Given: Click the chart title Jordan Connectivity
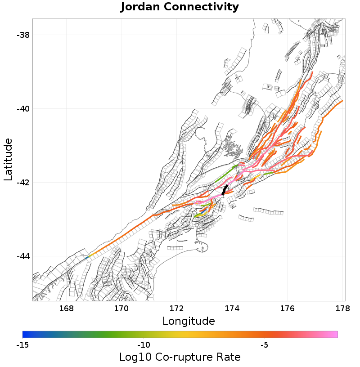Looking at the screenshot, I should click(180, 7).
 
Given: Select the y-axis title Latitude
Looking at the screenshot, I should click(8, 160).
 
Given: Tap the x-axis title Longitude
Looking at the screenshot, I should click(189, 321).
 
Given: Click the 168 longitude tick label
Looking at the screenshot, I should click(66, 309).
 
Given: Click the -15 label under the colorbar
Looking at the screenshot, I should click(22, 345).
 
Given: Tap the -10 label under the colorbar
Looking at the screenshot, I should click(144, 345).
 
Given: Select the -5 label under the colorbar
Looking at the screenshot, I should click(265, 345).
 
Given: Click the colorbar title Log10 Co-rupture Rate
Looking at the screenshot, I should click(180, 358).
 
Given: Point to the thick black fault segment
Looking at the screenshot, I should click(225, 190).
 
